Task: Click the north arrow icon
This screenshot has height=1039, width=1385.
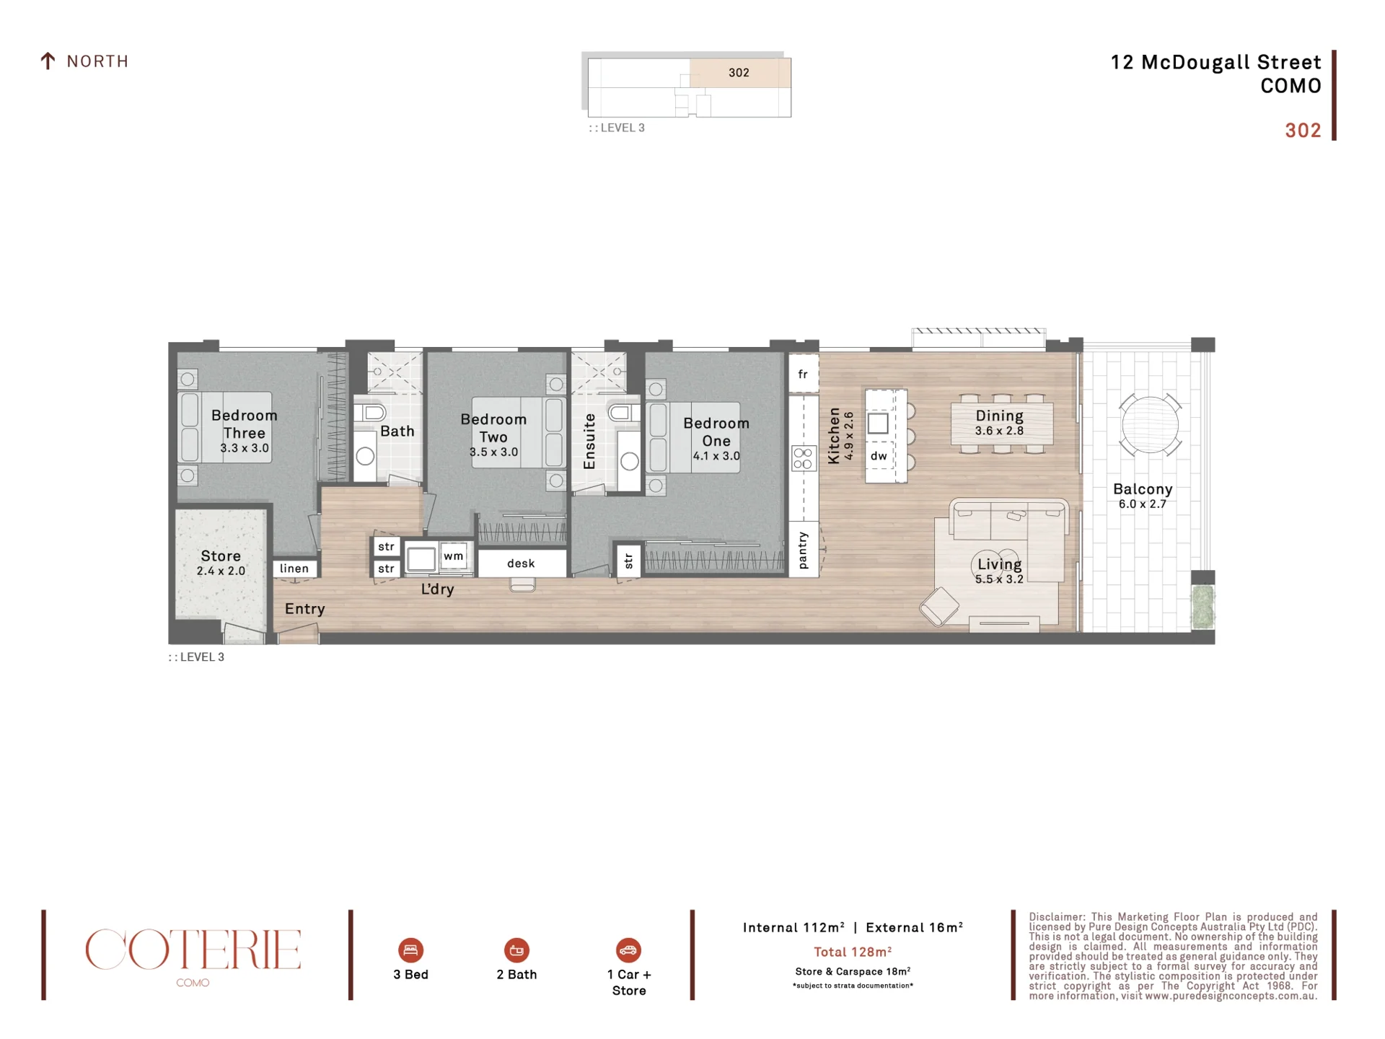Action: [48, 61]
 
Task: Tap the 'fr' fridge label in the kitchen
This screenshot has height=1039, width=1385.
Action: [803, 374]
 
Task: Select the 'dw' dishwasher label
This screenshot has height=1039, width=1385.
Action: [879, 456]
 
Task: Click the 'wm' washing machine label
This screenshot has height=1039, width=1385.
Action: [454, 556]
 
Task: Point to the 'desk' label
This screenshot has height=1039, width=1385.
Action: [521, 564]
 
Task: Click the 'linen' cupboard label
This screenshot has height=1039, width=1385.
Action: [294, 569]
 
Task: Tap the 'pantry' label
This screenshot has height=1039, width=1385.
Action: [804, 550]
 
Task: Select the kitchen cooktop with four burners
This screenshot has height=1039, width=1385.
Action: [803, 458]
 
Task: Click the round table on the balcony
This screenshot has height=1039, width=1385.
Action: [1150, 425]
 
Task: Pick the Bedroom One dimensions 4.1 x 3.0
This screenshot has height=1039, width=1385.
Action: [716, 456]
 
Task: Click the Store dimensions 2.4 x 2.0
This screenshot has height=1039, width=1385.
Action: [221, 571]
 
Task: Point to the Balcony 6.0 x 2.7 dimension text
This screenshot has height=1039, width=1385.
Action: [1143, 504]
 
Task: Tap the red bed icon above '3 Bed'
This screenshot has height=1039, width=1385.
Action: [410, 950]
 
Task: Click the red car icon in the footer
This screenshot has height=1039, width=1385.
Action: [628, 950]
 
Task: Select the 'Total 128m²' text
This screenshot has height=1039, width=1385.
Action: [853, 952]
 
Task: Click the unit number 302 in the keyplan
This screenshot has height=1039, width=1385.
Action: [739, 73]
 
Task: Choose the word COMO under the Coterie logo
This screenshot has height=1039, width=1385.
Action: [193, 983]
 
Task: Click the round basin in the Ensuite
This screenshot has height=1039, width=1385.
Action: [630, 461]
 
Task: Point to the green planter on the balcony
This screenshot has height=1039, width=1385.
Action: [1202, 607]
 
